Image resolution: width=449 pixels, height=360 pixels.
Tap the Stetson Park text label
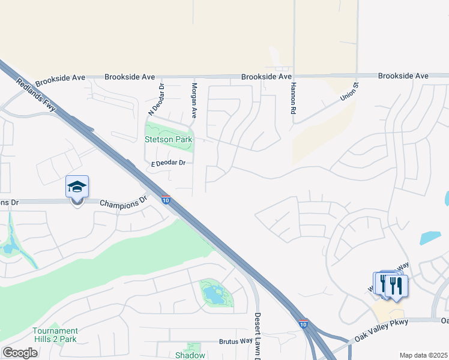(169, 139)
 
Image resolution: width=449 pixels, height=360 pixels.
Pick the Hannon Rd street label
(294, 99)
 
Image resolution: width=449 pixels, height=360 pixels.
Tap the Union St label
(349, 92)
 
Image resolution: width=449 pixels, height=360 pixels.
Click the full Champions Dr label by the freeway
(123, 203)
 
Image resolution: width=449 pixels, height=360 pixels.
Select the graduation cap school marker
(77, 187)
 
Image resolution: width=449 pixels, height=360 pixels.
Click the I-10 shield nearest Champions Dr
(166, 199)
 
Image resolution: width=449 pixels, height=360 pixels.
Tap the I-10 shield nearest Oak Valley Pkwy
(304, 323)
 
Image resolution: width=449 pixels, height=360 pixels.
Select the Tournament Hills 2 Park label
(55, 335)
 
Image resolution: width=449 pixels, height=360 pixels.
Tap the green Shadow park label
(190, 355)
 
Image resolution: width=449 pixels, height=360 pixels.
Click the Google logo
(20, 353)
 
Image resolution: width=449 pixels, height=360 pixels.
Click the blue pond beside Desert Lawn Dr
(214, 295)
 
